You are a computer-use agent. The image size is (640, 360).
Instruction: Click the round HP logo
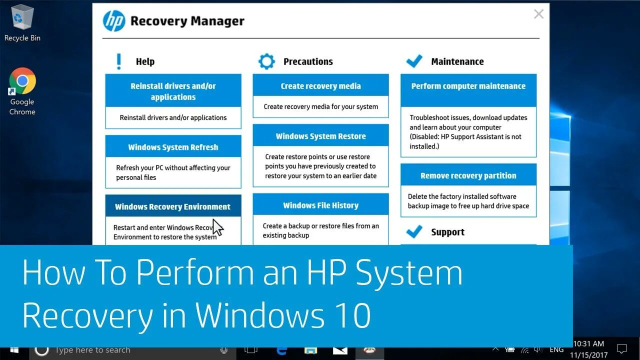pos(114,21)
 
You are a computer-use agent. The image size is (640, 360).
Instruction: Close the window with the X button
pos(538,14)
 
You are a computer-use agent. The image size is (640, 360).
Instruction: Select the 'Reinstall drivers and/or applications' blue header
pos(173,91)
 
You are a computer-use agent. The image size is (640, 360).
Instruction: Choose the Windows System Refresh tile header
pos(173,147)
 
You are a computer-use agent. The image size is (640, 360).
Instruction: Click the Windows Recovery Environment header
pos(173,206)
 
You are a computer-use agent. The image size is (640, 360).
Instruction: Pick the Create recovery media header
pos(320,86)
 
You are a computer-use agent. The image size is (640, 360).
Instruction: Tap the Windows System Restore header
pos(320,136)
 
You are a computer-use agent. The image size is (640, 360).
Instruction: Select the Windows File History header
pos(320,205)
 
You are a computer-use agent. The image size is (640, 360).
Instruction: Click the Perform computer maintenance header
pos(468,86)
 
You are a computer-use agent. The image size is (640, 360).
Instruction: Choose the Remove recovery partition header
pos(468,175)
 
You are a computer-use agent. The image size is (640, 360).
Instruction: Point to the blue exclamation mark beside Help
pos(118,61)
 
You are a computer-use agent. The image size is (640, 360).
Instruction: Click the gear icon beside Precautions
pos(266,61)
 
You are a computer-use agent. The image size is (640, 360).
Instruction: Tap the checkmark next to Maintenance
pos(414,61)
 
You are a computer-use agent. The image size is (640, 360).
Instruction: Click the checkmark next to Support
pos(414,231)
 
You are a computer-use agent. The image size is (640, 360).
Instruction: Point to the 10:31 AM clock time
pos(588,344)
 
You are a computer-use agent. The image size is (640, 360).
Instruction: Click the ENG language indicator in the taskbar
pos(556,349)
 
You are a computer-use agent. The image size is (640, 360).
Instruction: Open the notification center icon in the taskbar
pos(622,349)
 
